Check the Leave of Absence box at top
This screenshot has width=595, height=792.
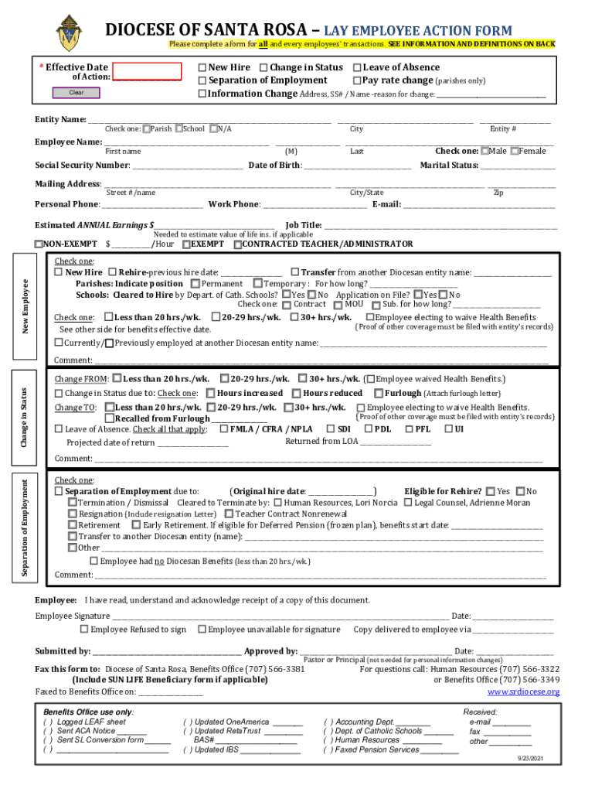tap(357, 68)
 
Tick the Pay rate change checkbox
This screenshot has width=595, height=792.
tap(357, 80)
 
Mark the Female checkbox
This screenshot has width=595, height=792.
tap(515, 152)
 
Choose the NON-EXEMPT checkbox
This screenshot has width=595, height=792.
tap(39, 244)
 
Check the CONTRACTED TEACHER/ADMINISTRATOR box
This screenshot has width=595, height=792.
tap(237, 244)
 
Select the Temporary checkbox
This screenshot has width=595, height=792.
tap(258, 284)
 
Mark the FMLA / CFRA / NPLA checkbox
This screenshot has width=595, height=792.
tap(224, 429)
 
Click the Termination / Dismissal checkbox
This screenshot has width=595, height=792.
tap(73, 503)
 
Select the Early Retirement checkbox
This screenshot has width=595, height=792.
tap(137, 525)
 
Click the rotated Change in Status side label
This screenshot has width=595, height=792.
tap(25, 417)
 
